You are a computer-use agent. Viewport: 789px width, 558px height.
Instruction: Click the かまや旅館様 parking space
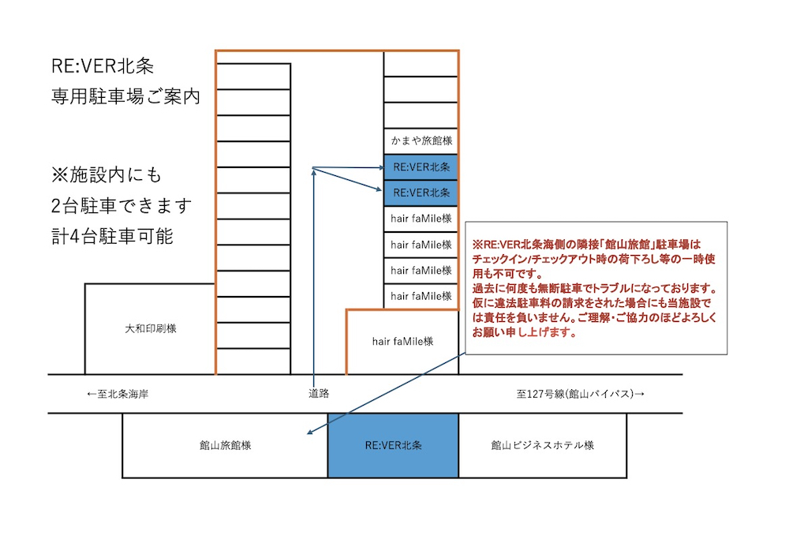[421, 141]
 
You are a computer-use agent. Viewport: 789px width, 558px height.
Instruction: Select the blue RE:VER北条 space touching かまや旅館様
[421, 167]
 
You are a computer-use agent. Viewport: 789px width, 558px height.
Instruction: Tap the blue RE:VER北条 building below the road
[393, 445]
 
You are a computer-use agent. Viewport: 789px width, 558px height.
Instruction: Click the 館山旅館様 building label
[225, 445]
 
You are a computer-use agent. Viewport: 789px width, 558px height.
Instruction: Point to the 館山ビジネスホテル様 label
[543, 445]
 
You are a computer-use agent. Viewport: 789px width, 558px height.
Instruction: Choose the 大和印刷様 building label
[151, 329]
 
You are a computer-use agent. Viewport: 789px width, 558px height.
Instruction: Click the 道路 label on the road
[319, 394]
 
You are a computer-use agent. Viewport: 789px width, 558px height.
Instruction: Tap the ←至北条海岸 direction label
[118, 394]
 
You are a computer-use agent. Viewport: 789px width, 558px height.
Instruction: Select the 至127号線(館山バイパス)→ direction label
[580, 394]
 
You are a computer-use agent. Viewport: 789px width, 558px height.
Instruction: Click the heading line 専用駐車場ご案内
[125, 96]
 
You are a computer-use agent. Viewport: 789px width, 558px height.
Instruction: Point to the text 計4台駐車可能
[112, 236]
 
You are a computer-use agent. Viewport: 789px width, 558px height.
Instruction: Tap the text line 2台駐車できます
[122, 205]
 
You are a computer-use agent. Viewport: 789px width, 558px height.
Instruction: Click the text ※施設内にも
[107, 174]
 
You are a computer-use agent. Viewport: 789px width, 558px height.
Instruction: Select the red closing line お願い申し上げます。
[525, 332]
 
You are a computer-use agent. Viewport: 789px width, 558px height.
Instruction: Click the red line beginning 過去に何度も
[595, 288]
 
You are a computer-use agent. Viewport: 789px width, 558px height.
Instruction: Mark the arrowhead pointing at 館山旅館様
[310, 431]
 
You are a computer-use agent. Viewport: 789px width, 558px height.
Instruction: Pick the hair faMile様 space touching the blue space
[421, 219]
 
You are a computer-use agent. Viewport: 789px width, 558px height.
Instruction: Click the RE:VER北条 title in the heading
[103, 66]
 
